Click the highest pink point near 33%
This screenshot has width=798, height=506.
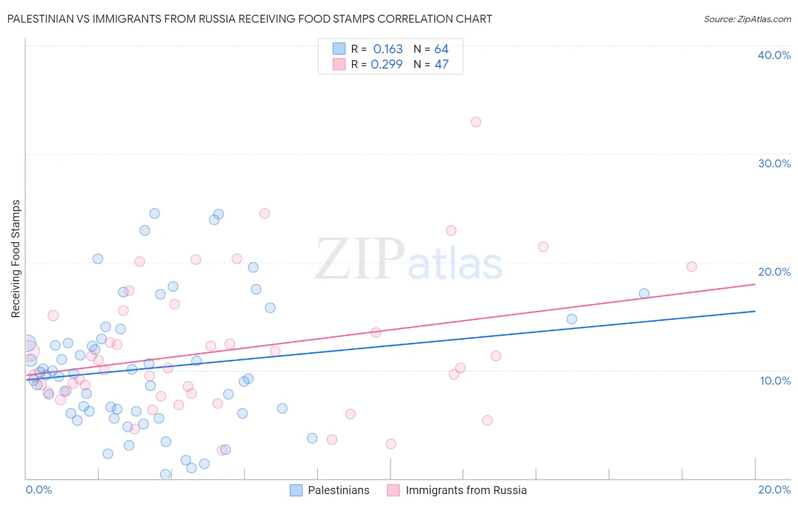(476, 122)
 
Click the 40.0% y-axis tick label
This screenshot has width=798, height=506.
(774, 55)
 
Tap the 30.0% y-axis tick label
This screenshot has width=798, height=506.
(774, 163)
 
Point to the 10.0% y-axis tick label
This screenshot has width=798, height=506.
(775, 381)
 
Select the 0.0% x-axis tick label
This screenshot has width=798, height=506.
(39, 490)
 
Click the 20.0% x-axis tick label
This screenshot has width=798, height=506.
(774, 490)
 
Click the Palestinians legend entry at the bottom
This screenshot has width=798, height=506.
(330, 490)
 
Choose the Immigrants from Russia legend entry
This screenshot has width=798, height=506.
(457, 490)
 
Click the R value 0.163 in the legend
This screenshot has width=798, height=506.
(388, 49)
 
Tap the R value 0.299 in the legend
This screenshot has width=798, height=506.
(387, 64)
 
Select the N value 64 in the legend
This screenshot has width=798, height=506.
(442, 49)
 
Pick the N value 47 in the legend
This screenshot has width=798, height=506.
(442, 64)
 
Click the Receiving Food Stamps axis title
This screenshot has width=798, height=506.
(16, 259)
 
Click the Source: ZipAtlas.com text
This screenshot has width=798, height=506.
(747, 19)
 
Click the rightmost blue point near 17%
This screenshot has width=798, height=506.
(644, 293)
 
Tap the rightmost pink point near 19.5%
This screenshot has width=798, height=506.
(691, 267)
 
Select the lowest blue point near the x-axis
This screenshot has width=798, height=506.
(165, 474)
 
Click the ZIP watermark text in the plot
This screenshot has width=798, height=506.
(360, 259)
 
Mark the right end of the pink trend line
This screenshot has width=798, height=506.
(755, 284)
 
